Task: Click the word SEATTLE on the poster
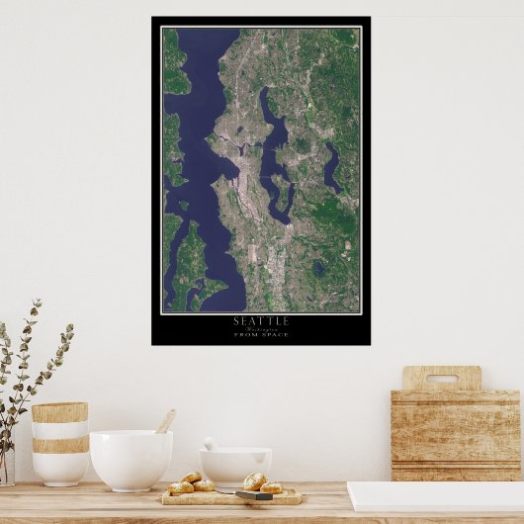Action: point(261,320)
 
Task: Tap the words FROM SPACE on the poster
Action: point(261,335)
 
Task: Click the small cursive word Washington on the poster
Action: point(261,328)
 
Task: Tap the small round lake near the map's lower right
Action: point(318,267)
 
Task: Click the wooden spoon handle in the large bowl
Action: point(165,421)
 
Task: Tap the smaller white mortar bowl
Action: point(235,466)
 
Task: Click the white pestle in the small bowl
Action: point(211,445)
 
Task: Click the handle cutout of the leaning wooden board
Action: point(441,378)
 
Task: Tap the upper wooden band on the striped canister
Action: point(59,412)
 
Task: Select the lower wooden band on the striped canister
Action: point(59,445)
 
